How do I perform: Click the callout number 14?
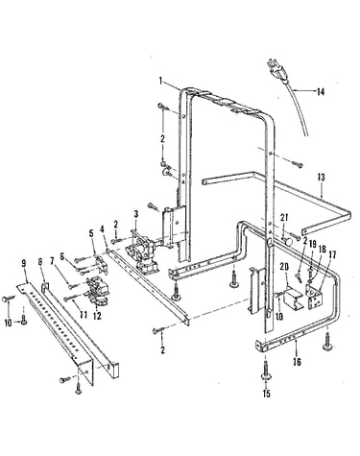click(x=321, y=92)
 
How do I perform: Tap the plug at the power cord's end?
click(x=276, y=70)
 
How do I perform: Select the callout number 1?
click(x=161, y=81)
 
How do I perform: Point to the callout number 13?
click(x=321, y=177)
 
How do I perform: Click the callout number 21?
click(x=284, y=218)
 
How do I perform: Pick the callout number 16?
click(x=298, y=362)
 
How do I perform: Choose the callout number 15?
click(x=266, y=394)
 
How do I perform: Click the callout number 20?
click(x=284, y=266)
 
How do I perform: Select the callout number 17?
click(x=332, y=255)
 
